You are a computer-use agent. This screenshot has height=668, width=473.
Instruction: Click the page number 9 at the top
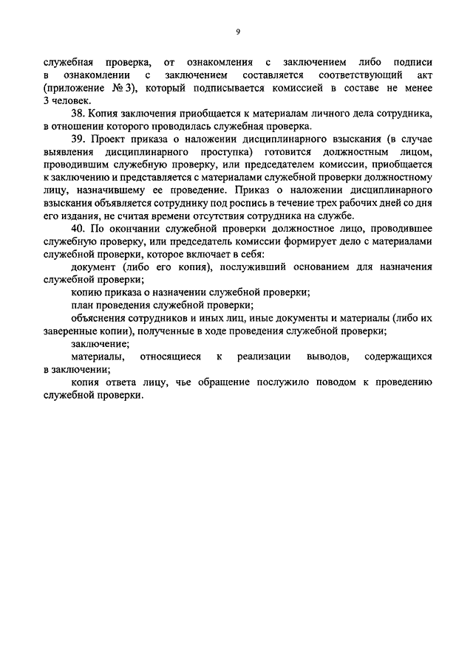point(237,32)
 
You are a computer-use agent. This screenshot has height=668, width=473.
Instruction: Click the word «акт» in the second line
point(421,75)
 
